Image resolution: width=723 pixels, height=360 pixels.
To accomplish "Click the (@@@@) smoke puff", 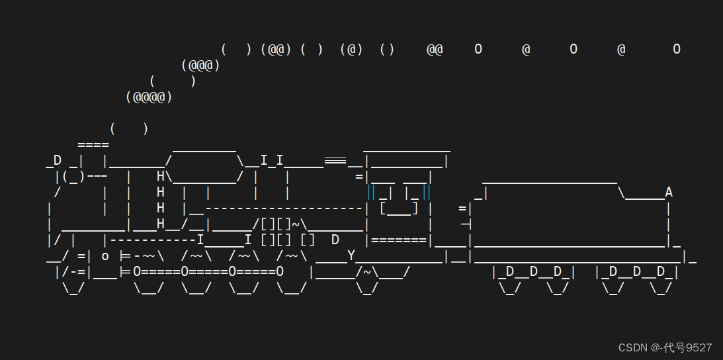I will click(x=149, y=97).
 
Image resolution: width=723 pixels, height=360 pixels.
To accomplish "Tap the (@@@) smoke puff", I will click(x=200, y=66).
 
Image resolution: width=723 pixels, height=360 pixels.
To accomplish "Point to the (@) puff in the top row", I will click(x=351, y=50).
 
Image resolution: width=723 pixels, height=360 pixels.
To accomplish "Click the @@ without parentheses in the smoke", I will click(x=435, y=50).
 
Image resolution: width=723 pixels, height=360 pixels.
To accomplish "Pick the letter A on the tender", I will click(x=669, y=193).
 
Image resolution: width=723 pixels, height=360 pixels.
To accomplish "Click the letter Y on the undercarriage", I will click(x=351, y=256).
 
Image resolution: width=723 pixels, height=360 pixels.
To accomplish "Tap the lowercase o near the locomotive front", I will click(x=105, y=256).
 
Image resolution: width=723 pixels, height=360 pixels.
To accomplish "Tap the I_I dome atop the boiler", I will click(x=272, y=161).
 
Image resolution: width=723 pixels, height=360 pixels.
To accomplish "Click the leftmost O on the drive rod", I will click(x=137, y=271).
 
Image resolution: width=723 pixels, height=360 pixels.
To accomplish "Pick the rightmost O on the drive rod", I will click(x=280, y=271).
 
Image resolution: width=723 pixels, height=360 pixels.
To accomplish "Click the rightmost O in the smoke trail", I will click(x=677, y=50).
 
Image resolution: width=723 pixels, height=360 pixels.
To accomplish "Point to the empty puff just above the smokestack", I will click(x=129, y=129).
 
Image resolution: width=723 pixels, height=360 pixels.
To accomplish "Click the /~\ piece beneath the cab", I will click(x=367, y=271).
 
